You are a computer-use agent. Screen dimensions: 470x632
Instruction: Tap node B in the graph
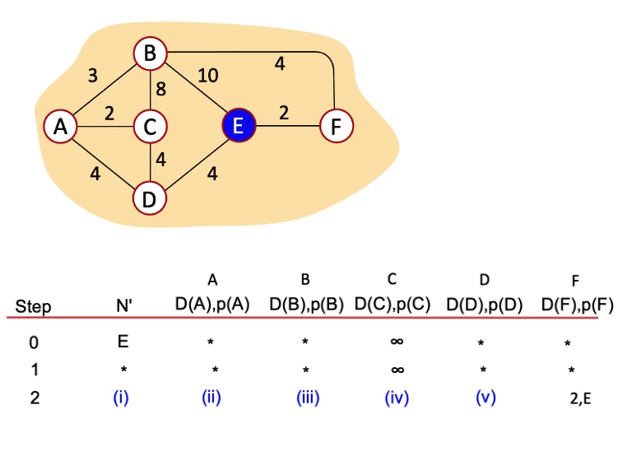150,54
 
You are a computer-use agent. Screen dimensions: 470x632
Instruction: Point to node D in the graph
150,198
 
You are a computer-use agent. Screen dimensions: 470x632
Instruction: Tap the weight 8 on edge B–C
161,90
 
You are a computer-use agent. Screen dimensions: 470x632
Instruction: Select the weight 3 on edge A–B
92,77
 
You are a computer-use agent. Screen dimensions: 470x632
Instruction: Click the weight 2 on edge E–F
283,114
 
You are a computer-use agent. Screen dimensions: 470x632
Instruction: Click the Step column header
33,307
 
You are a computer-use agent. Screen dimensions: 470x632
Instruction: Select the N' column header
125,306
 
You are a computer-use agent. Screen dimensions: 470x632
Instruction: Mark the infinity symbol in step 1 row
397,370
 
